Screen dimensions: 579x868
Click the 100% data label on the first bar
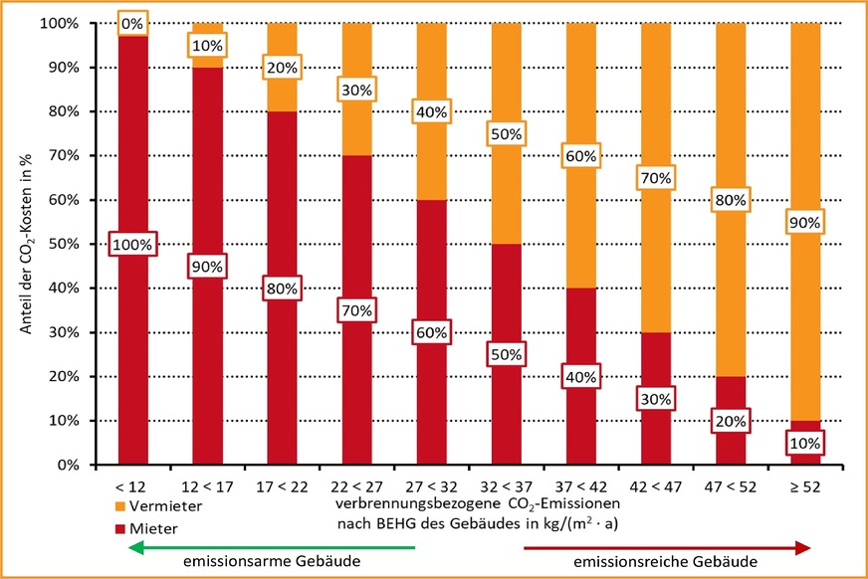pos(133,245)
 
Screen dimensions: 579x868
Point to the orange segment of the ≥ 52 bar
pos(805,149)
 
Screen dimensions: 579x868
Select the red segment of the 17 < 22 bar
pos(282,348)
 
